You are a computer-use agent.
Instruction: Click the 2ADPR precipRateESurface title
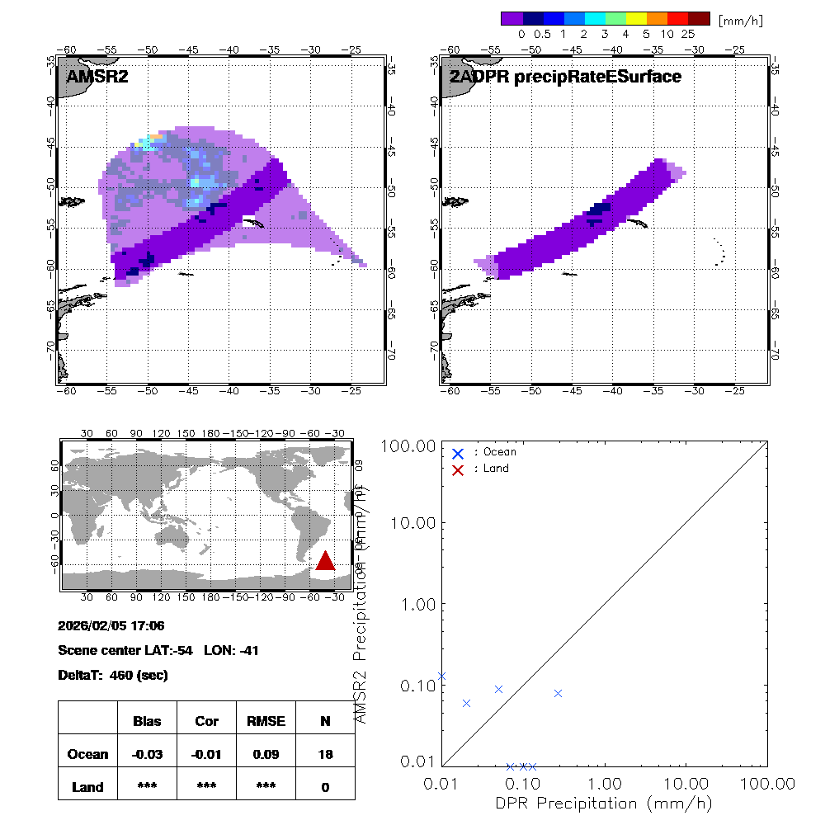coord(565,77)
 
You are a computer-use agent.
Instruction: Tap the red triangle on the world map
coord(325,560)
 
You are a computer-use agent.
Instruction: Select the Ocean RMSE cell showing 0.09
coord(266,754)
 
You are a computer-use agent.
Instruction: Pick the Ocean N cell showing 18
coord(325,754)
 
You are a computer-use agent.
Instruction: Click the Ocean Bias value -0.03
coord(147,754)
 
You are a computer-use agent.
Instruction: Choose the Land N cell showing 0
coord(325,787)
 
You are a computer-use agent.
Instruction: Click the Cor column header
coord(206,721)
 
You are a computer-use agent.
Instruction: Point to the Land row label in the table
coord(87,787)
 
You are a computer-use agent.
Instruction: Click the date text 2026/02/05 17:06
coord(111,625)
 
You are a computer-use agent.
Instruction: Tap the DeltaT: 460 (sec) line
coord(113,675)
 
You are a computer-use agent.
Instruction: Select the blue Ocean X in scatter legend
coord(458,453)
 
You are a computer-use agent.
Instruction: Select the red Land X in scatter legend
coord(458,469)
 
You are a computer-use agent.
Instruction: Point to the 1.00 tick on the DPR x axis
coord(605,783)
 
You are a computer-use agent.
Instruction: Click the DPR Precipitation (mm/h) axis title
coord(604,803)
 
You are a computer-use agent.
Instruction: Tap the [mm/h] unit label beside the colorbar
coord(740,19)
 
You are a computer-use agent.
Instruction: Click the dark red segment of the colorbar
coord(699,18)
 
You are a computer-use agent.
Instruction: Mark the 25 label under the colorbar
coord(689,35)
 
